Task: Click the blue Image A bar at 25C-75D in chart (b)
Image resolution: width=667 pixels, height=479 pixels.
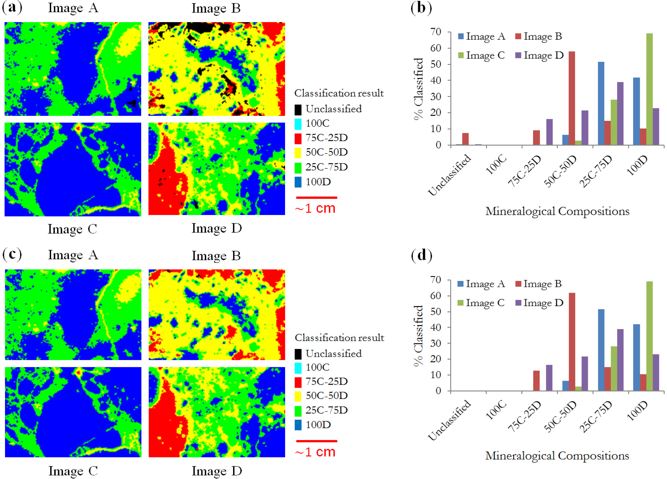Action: (x=601, y=103)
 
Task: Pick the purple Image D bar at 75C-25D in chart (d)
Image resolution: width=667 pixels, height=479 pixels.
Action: (x=549, y=378)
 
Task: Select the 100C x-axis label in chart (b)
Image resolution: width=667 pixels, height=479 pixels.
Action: (x=496, y=165)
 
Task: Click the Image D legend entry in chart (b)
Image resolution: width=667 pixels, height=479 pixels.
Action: (x=539, y=55)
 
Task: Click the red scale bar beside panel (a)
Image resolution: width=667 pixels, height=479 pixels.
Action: (x=316, y=198)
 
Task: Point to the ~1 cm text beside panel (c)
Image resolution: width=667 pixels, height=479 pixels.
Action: (x=315, y=452)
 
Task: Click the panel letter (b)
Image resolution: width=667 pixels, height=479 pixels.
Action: (x=421, y=8)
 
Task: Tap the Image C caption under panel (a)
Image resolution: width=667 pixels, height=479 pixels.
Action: (x=72, y=229)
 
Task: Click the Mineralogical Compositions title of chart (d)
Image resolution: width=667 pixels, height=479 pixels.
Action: (x=557, y=456)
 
